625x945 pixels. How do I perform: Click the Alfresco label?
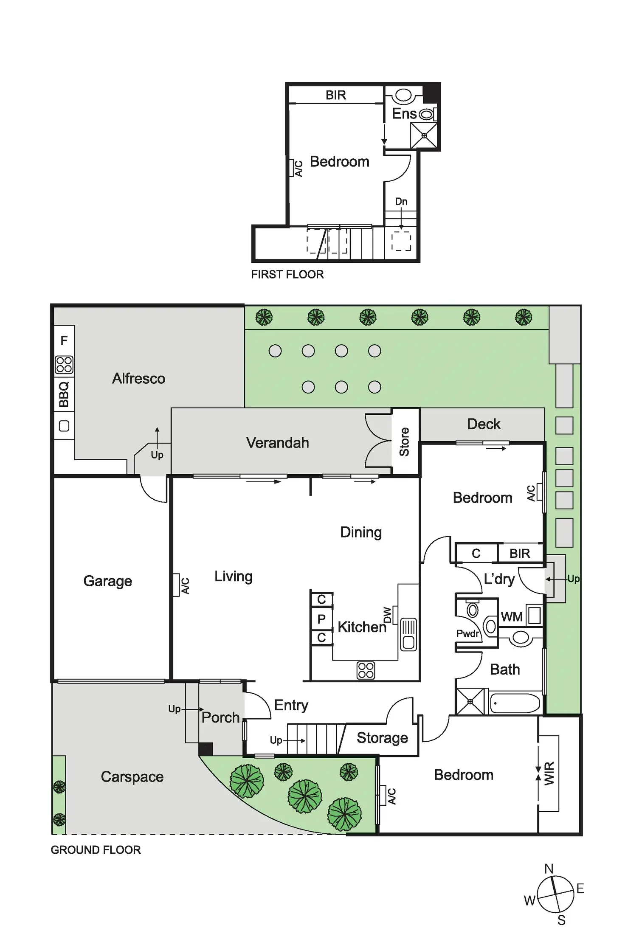pos(138,378)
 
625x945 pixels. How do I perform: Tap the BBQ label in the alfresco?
pos(64,394)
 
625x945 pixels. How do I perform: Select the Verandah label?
pos(277,443)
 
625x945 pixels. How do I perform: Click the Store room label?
pos(404,442)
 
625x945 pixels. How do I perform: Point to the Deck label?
pos(484,424)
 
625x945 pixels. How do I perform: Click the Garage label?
pos(107,581)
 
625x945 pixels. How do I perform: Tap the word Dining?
pos(361,532)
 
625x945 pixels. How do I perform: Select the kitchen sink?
pos(408,634)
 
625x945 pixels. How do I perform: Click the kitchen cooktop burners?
pos(366,670)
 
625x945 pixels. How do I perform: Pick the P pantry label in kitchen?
pos(321,619)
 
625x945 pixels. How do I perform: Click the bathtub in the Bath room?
pos(515,703)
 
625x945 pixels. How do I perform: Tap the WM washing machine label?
pos(512,617)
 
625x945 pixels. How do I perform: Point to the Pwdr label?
pos(467,633)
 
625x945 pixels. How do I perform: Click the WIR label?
pos(549,773)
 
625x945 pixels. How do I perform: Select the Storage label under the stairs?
pos(382,738)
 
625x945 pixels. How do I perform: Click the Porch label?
pos(220,717)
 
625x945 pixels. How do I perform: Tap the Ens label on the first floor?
pos(404,113)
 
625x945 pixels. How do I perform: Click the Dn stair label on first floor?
pos(401,201)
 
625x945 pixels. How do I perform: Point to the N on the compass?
pos(549,869)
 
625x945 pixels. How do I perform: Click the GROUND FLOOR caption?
pos(96,849)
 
